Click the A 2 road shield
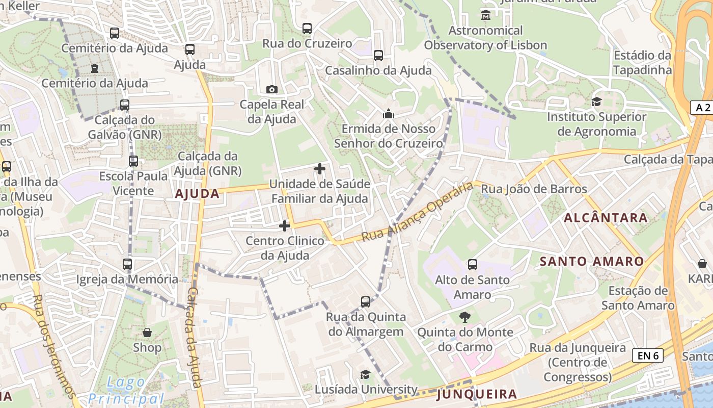click(702, 107)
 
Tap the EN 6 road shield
click(648, 355)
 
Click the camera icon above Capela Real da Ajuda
click(272, 90)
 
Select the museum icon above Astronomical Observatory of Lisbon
click(485, 15)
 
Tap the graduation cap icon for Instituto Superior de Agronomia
click(596, 102)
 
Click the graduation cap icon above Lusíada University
click(365, 375)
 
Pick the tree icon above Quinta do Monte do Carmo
click(464, 318)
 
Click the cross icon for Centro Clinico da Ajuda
click(285, 225)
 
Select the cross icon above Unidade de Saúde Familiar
click(320, 168)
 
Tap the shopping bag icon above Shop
click(147, 333)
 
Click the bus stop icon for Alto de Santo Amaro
click(473, 265)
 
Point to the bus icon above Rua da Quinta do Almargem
click(366, 301)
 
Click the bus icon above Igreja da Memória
click(127, 264)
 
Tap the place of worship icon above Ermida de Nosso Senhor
click(389, 114)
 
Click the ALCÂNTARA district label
click(606, 218)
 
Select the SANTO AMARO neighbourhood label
click(591, 262)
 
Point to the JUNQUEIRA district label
click(477, 394)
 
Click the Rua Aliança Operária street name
click(417, 212)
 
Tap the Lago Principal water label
click(126, 391)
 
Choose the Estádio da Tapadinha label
click(642, 63)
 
